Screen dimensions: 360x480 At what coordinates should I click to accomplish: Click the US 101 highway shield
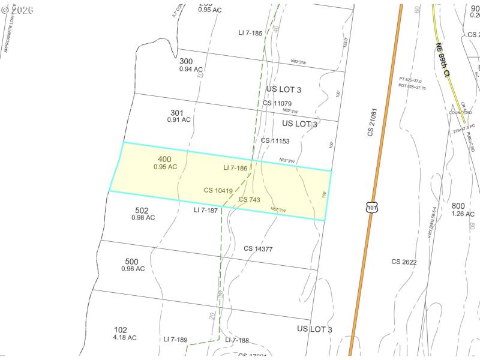(x=372, y=208)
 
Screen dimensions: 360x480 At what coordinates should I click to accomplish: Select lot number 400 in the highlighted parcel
(x=164, y=159)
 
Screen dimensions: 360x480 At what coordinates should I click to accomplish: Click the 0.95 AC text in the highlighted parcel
(x=165, y=167)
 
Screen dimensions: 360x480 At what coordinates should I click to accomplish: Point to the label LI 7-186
(x=235, y=168)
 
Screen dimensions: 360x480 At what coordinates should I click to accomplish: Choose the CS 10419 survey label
(x=218, y=190)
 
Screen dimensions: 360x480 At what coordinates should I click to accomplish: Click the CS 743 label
(x=250, y=199)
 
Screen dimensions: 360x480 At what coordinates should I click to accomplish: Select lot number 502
(x=142, y=210)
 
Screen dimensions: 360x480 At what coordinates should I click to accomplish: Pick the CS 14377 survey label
(x=258, y=248)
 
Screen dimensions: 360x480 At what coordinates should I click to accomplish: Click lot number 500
(x=132, y=261)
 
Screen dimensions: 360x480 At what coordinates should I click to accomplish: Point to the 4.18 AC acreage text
(x=125, y=337)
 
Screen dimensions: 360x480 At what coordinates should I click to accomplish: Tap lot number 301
(x=176, y=112)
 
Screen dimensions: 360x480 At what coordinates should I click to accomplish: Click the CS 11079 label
(x=277, y=103)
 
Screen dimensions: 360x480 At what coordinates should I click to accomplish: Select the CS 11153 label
(x=275, y=141)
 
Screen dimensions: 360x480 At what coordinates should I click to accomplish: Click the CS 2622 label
(x=404, y=262)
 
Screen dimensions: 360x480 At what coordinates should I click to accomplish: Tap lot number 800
(x=459, y=206)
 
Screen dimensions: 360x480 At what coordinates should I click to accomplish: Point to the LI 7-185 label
(x=250, y=33)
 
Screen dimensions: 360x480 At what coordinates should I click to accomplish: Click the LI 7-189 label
(x=176, y=340)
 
